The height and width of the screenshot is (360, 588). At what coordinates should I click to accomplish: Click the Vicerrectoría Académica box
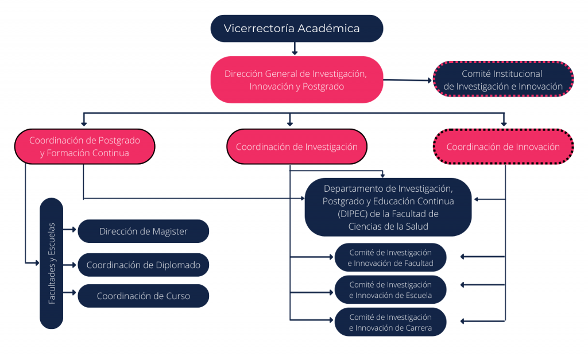coord(297,29)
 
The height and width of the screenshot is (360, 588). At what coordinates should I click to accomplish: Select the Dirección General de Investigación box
coord(297,80)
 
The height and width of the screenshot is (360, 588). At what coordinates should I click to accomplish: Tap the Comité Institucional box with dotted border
coord(503,79)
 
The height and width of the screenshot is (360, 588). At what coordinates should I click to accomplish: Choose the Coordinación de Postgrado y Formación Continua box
coord(85,146)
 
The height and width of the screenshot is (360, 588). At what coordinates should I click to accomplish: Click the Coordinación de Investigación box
coord(297,146)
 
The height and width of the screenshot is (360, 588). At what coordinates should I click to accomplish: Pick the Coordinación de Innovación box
coord(503,146)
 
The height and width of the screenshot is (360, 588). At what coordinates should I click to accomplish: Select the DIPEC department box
coord(388,207)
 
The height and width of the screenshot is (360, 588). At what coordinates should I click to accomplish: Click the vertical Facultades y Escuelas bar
coord(51,263)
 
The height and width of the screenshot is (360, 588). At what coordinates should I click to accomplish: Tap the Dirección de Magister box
coord(143,231)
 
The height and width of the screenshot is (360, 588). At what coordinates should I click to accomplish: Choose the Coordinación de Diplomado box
coord(143,265)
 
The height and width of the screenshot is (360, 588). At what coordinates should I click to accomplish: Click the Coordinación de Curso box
coord(143,296)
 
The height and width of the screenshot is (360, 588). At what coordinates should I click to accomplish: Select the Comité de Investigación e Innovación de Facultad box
coord(390,258)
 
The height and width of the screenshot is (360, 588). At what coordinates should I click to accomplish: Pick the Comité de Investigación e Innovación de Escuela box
coord(390,290)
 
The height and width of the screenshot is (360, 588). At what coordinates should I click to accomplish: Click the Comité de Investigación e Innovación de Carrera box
coord(390,322)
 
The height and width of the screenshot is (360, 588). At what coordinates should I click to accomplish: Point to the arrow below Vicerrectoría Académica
coord(295,48)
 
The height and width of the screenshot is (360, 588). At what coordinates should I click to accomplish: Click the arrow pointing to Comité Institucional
coord(408,80)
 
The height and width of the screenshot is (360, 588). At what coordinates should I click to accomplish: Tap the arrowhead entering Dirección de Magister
coord(75,229)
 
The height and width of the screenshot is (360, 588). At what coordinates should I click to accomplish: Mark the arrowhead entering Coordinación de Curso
coord(75,292)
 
